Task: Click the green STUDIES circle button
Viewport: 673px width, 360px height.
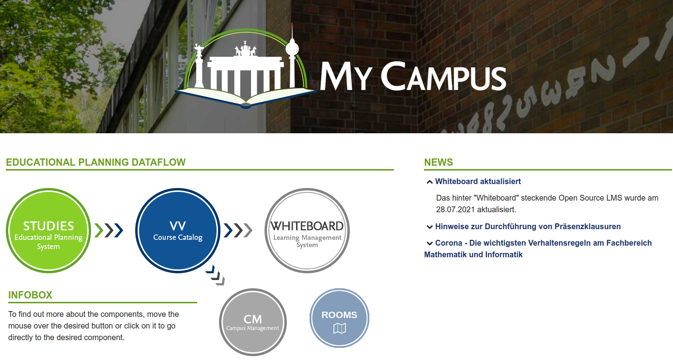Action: pyautogui.click(x=48, y=231)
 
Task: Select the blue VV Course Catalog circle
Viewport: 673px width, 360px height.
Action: pyautogui.click(x=177, y=231)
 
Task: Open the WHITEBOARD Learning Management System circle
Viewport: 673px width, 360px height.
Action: pyautogui.click(x=307, y=231)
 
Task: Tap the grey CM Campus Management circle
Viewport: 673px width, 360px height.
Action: pyautogui.click(x=252, y=322)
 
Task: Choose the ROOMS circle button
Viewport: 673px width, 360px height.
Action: pyautogui.click(x=340, y=318)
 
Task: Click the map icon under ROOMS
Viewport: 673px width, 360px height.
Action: pyautogui.click(x=340, y=328)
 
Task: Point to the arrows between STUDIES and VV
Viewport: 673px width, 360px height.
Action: pyautogui.click(x=109, y=231)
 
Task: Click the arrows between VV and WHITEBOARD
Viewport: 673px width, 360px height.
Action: pyautogui.click(x=238, y=231)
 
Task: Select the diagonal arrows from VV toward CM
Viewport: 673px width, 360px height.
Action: pyautogui.click(x=216, y=275)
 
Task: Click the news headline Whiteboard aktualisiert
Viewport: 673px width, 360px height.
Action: pyautogui.click(x=478, y=182)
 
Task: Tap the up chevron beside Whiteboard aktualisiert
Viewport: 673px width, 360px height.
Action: pyautogui.click(x=430, y=182)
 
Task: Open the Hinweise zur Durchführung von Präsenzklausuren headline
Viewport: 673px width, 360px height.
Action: pyautogui.click(x=528, y=226)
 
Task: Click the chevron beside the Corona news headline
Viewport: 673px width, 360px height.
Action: pyautogui.click(x=430, y=243)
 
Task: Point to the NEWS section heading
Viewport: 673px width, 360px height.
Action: pyautogui.click(x=438, y=162)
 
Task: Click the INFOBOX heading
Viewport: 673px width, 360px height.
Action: pyautogui.click(x=31, y=295)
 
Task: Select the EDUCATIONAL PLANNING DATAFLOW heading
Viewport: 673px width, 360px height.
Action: pyautogui.click(x=96, y=162)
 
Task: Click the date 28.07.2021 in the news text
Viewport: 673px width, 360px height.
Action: pyautogui.click(x=455, y=209)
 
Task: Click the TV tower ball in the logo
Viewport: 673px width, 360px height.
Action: pyautogui.click(x=292, y=48)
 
